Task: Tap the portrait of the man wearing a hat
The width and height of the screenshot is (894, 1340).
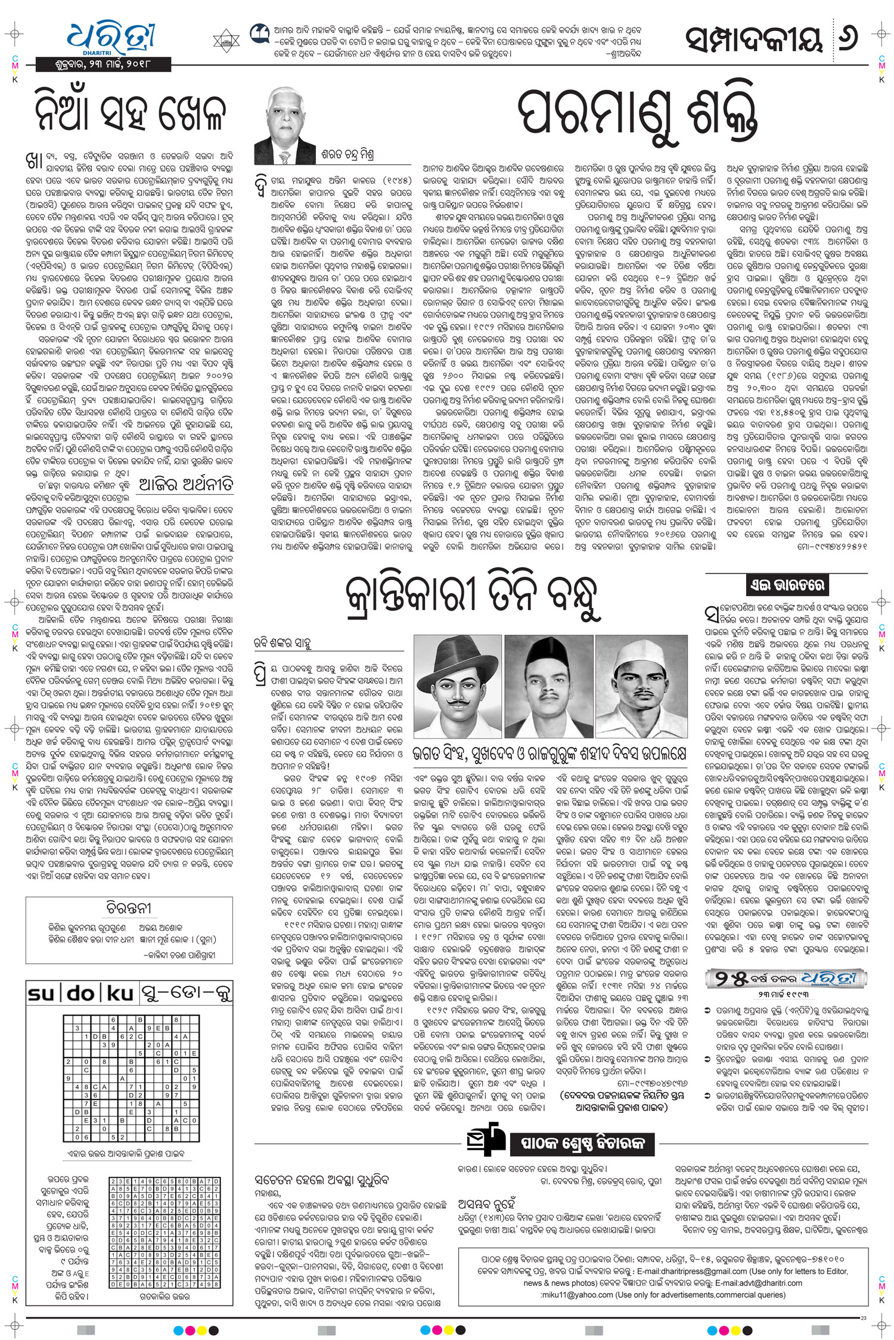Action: click(458, 686)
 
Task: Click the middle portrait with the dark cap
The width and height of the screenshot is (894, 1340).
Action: click(549, 686)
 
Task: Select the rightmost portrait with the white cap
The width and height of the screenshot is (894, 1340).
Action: click(640, 686)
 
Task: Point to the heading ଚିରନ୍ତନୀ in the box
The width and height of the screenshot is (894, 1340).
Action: click(129, 908)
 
